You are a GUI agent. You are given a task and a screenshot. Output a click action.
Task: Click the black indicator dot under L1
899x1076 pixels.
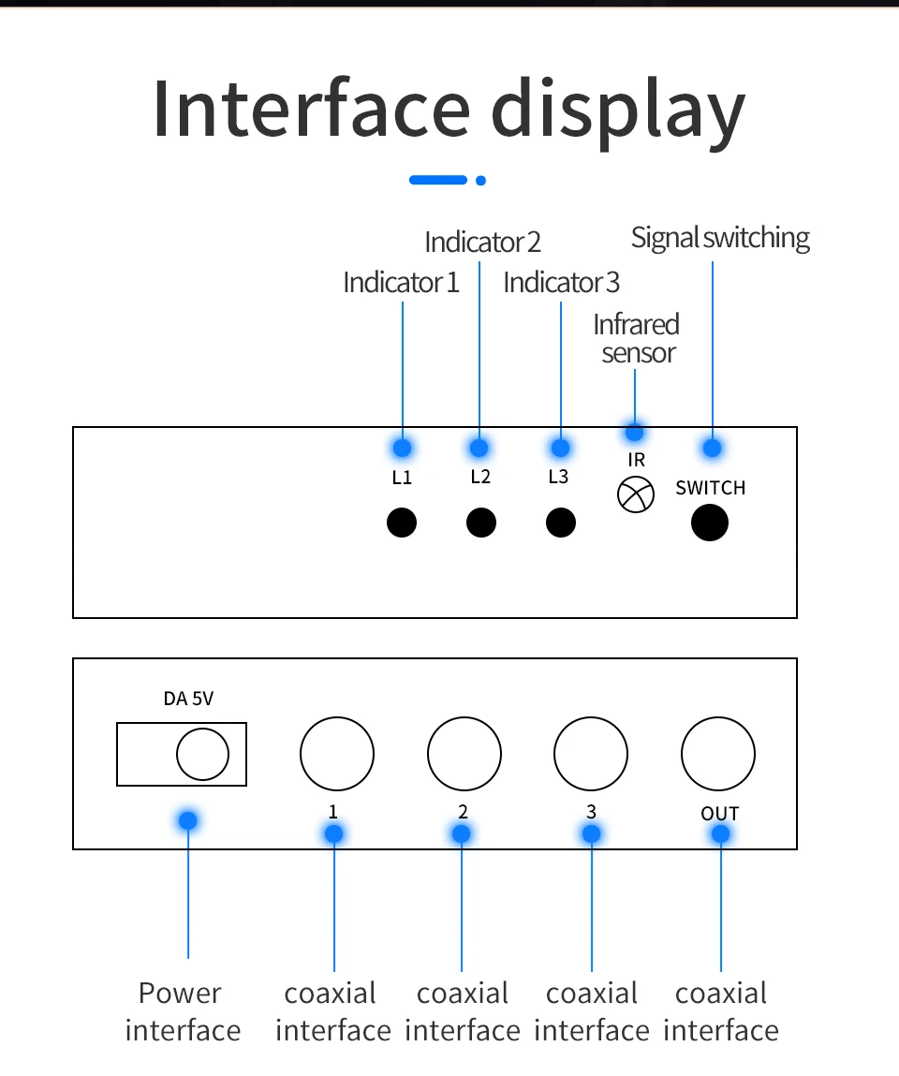click(x=402, y=522)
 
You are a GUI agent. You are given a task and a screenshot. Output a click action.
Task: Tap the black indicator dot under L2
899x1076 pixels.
click(x=480, y=522)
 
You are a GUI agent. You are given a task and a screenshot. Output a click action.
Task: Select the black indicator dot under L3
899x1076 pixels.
click(x=560, y=522)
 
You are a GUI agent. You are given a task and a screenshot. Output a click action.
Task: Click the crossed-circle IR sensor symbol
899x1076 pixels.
click(x=636, y=494)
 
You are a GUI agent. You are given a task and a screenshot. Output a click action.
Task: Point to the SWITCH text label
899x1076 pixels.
click(x=711, y=488)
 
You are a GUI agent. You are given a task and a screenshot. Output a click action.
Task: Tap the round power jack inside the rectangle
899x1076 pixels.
click(x=202, y=754)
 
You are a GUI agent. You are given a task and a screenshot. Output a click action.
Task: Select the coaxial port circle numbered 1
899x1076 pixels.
click(x=337, y=754)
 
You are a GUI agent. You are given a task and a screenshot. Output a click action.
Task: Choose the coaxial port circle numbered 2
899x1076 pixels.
click(x=464, y=754)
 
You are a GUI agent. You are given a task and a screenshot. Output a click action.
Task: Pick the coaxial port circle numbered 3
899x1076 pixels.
click(x=591, y=754)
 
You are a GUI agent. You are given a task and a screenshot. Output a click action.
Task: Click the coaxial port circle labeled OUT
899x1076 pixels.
click(x=718, y=754)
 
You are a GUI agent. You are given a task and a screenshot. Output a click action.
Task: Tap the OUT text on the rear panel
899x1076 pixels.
click(x=719, y=814)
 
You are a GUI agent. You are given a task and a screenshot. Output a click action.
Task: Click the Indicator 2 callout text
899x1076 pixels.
click(x=482, y=243)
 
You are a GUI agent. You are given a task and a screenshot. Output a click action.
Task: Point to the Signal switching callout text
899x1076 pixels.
click(x=720, y=238)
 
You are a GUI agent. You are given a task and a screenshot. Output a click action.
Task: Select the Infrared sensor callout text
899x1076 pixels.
click(x=637, y=339)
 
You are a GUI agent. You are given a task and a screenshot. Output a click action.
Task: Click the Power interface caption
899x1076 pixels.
click(x=182, y=1011)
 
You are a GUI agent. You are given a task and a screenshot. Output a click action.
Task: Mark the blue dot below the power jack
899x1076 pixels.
click(x=188, y=820)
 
